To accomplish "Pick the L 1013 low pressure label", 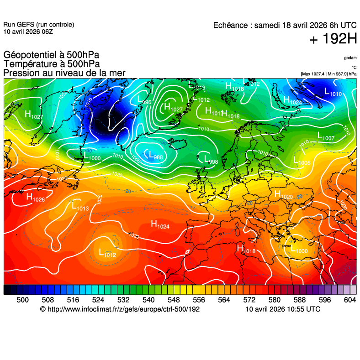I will coord(80,206).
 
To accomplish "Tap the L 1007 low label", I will coord(326,136).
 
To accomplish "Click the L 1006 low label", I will coord(302,161).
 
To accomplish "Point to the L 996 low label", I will coord(144,100).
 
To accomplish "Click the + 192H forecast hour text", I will coord(333,40).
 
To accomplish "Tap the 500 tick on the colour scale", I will coord(22,300).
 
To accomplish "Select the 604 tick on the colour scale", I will coord(349,300).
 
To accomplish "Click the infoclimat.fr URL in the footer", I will coord(120,309).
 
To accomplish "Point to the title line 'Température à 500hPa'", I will coord(52,64).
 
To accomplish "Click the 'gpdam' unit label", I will coord(350,58).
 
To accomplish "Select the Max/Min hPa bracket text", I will coord(328,73).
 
